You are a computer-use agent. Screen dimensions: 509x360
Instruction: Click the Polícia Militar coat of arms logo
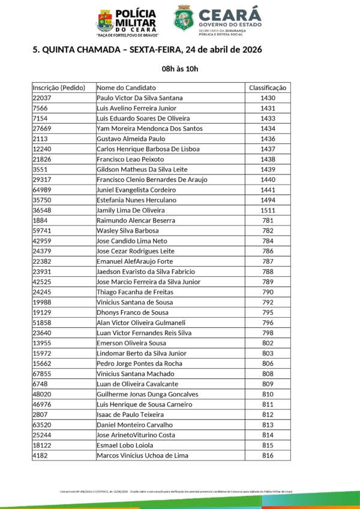tap(104, 20)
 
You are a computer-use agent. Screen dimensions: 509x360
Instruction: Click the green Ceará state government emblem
tap(184, 19)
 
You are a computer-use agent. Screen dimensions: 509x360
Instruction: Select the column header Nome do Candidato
tap(126, 88)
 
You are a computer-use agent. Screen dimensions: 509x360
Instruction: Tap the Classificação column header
tap(268, 88)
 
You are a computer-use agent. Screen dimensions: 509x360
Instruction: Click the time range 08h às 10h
tap(180, 69)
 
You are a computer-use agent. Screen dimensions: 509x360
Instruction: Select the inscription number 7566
tap(40, 108)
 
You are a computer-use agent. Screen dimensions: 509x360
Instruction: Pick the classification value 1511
tap(268, 210)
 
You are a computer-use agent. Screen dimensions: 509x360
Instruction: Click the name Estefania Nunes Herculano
tap(136, 200)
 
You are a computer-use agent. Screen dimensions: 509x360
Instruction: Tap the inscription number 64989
tap(42, 190)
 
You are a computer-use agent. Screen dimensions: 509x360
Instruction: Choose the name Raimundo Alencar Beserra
tap(136, 221)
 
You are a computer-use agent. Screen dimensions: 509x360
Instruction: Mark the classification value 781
tap(268, 221)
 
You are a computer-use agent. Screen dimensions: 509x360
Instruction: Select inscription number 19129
tap(42, 312)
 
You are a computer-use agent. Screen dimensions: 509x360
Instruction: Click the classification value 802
tap(268, 343)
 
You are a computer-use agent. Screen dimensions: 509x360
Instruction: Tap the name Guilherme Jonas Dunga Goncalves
tap(147, 394)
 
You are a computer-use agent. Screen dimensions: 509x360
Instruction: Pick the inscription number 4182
tap(40, 455)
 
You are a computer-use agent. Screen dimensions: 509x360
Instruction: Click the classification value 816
tap(268, 455)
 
